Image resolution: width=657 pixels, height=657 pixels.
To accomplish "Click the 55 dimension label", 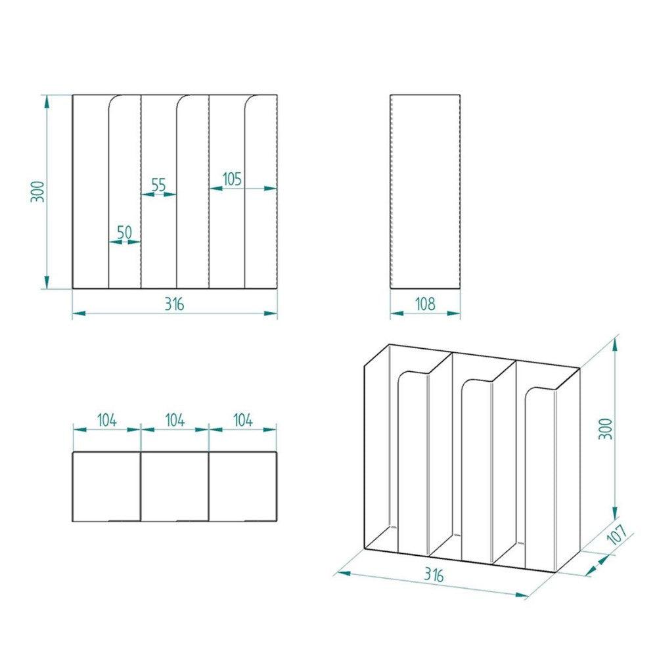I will point(158,185).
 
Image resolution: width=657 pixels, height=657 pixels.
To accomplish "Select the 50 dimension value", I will point(124,232).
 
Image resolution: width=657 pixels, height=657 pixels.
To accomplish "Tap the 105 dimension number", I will point(232,178).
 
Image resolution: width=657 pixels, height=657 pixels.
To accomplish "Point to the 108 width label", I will point(425,304).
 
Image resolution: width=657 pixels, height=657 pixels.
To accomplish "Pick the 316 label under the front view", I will point(174,304).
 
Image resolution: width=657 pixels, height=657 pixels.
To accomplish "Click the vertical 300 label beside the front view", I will point(38,191).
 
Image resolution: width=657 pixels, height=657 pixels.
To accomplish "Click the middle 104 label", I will point(174,420).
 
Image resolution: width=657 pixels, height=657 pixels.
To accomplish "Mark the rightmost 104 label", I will point(242,420).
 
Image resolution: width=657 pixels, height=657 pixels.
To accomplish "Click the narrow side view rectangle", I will point(425,191).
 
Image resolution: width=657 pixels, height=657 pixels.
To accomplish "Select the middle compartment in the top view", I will point(175,486).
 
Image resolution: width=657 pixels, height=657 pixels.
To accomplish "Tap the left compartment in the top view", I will point(106,486).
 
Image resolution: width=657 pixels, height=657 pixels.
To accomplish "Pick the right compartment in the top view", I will point(242,486).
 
